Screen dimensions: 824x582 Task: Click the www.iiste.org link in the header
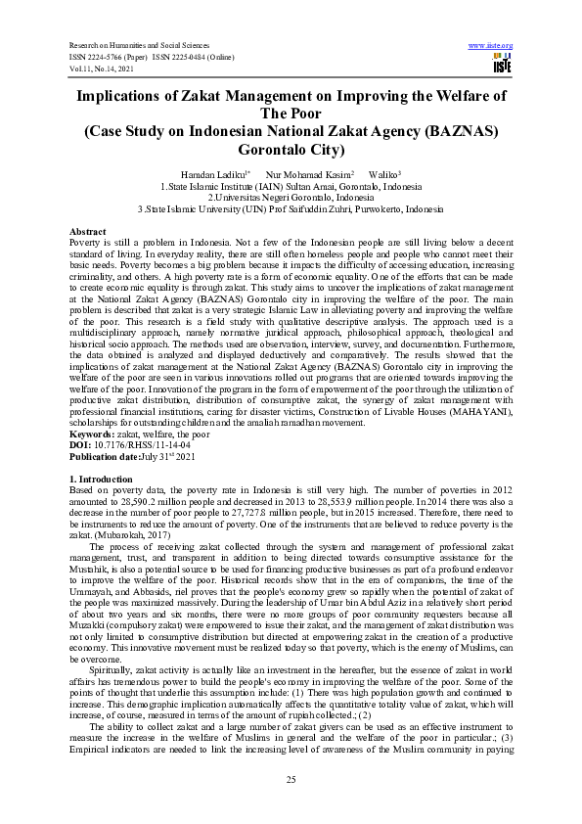click(491, 45)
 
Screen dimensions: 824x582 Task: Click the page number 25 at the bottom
click(291, 778)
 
